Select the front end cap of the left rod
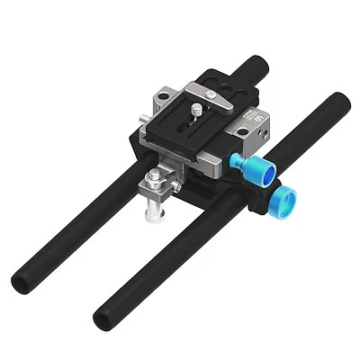point(23,282)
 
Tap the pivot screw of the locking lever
point(211,94)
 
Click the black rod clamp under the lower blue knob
point(265,203)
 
